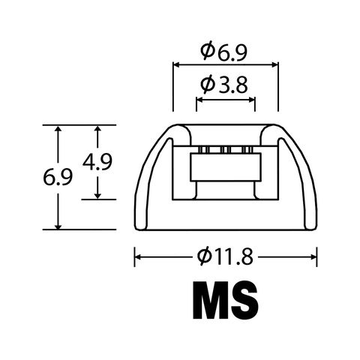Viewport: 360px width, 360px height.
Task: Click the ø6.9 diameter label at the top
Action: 223,51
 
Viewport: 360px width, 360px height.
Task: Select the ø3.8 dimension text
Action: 224,85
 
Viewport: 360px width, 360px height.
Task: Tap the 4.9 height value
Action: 97,162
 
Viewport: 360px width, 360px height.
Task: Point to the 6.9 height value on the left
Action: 58,177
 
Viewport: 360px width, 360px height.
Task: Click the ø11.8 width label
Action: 225,256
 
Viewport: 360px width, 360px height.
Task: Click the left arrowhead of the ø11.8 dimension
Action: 138,257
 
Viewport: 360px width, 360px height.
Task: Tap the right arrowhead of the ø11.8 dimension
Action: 313,257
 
